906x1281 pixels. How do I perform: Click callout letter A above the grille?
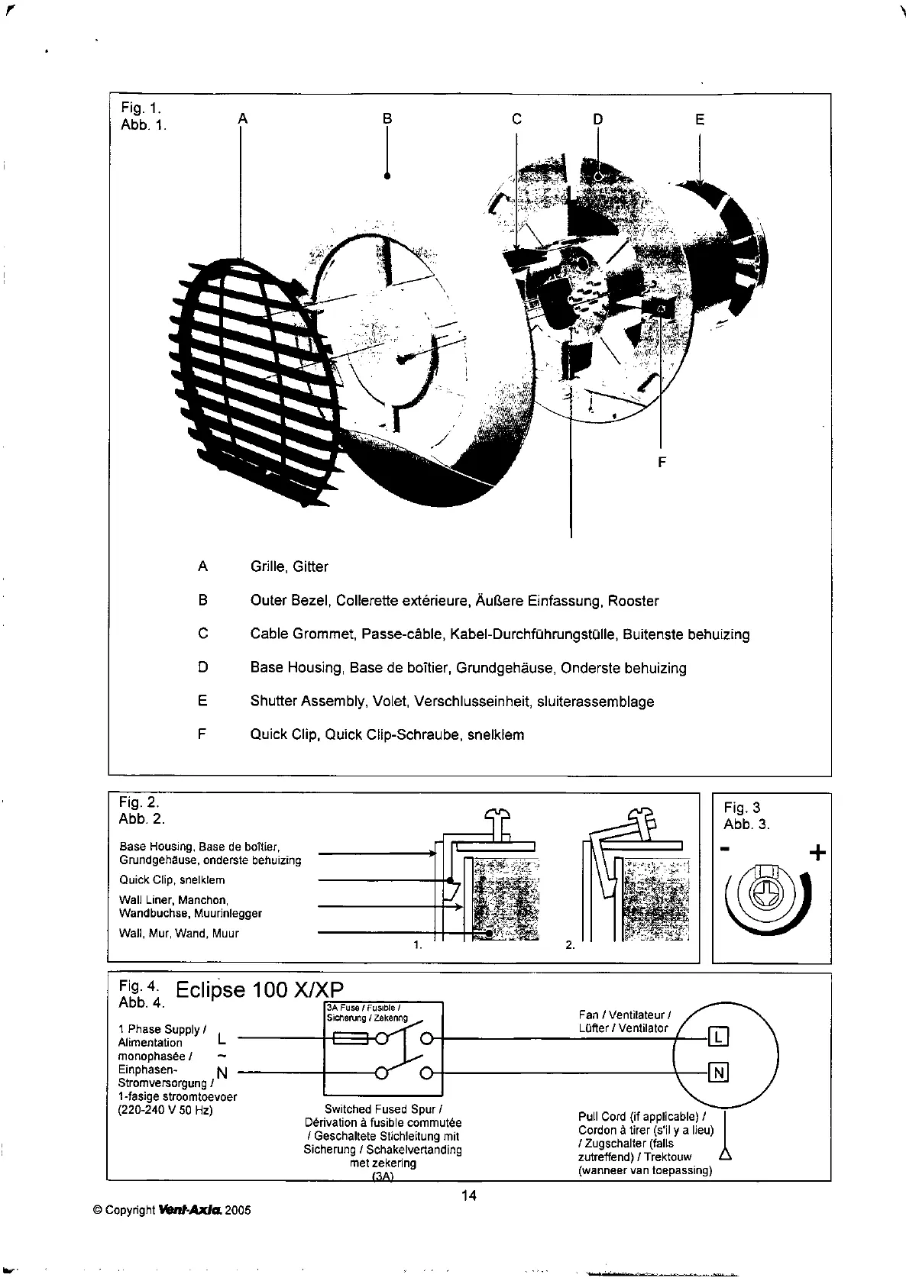click(243, 118)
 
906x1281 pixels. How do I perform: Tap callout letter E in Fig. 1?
click(700, 119)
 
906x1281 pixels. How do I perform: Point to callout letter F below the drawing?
click(662, 462)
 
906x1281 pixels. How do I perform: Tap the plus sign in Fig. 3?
click(817, 853)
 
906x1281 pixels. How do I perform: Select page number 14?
click(469, 1195)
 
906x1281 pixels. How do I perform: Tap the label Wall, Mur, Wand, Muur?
click(179, 933)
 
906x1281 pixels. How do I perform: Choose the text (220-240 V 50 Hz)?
click(165, 1110)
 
